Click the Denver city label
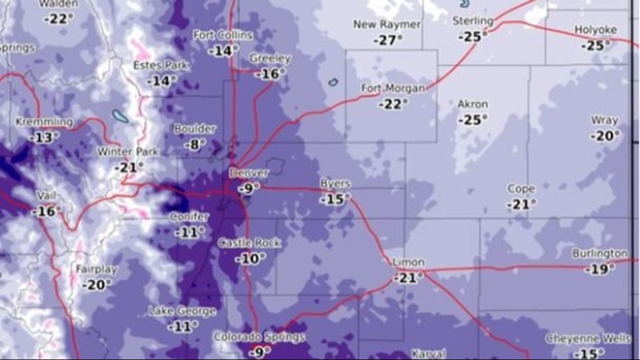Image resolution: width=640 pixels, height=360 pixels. pyautogui.click(x=249, y=173)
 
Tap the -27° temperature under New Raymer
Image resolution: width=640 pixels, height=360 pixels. pyautogui.click(x=387, y=40)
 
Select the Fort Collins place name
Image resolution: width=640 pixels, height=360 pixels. pyautogui.click(x=223, y=35)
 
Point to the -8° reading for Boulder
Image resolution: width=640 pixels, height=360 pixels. pyautogui.click(x=194, y=144)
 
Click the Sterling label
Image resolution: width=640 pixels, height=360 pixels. pyautogui.click(x=473, y=21)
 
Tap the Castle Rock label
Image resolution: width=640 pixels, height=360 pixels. pyautogui.click(x=249, y=243)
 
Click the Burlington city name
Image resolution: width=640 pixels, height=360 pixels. pyautogui.click(x=600, y=254)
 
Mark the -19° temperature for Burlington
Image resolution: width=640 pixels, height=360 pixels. pyautogui.click(x=600, y=270)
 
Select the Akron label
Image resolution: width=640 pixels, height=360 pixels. pyautogui.click(x=473, y=104)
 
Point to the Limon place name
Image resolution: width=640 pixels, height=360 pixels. pyautogui.click(x=409, y=262)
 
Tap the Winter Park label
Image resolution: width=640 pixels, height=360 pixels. pyautogui.click(x=128, y=152)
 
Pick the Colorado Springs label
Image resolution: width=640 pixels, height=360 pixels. pyautogui.click(x=259, y=337)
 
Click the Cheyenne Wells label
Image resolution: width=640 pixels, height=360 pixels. pyautogui.click(x=588, y=339)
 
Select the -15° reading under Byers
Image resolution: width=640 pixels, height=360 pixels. pyautogui.click(x=335, y=199)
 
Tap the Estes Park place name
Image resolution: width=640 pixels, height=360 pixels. pyautogui.click(x=161, y=66)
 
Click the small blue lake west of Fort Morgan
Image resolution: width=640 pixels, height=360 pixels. pyautogui.click(x=333, y=82)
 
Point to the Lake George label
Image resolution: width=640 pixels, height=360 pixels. pyautogui.click(x=182, y=311)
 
